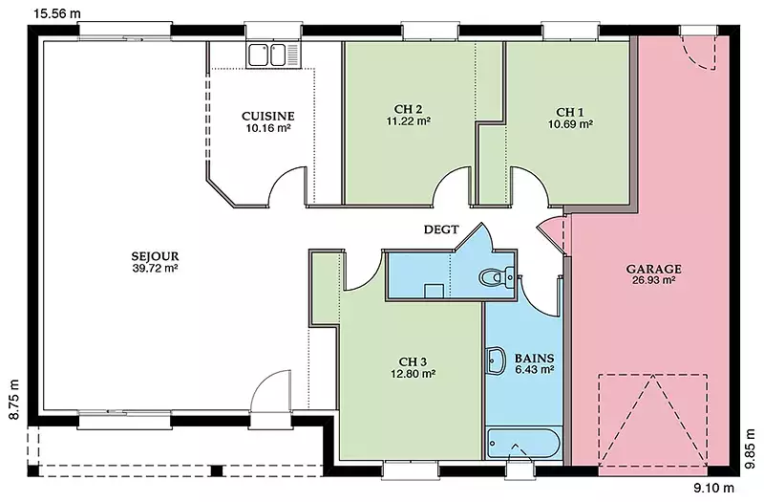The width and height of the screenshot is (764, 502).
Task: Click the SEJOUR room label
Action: (155, 255)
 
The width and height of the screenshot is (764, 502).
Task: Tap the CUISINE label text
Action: (268, 116)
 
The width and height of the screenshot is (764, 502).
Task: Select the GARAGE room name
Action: (653, 269)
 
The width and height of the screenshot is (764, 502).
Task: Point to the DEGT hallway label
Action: (441, 229)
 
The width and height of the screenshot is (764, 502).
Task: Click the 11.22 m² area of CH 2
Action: (409, 121)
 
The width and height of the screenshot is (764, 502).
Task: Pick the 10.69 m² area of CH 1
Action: (570, 124)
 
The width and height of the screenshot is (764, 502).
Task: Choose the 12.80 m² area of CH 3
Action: (413, 374)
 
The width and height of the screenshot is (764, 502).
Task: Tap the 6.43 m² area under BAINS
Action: (534, 369)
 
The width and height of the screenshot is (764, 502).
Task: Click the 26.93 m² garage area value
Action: (653, 280)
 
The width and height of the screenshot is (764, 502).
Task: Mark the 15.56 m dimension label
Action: (57, 13)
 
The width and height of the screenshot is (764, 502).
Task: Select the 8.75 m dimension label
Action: (13, 400)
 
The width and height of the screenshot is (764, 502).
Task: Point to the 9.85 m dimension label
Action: (751, 449)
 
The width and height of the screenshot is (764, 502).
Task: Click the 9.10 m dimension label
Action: (713, 488)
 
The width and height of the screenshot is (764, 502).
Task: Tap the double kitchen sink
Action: (273, 55)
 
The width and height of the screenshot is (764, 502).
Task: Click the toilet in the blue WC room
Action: (498, 277)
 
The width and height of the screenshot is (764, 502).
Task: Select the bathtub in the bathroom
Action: (524, 444)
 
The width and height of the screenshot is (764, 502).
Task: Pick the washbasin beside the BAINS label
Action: (496, 361)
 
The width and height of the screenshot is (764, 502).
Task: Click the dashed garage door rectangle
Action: (653, 424)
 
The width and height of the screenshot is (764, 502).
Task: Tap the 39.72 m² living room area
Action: (155, 268)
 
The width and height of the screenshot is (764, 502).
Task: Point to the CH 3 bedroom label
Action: (413, 361)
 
